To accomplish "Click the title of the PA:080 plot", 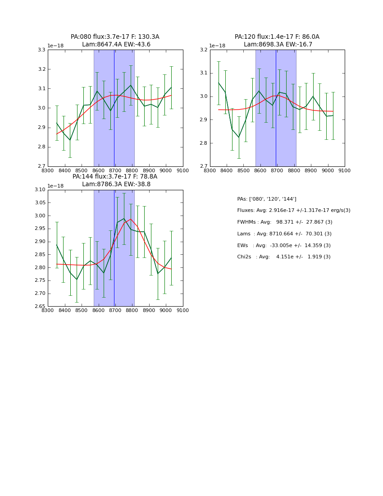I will (115, 41).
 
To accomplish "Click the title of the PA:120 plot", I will (277, 41).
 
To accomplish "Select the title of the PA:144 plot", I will (115, 180).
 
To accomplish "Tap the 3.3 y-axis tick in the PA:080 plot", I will (41, 50).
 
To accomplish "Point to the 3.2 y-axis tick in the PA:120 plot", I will (204, 50).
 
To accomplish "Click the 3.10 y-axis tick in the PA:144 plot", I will (40, 190).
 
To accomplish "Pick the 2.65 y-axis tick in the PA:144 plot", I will (40, 307).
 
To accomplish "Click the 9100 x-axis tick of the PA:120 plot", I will (345, 170).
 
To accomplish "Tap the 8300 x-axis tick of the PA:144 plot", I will (48, 310).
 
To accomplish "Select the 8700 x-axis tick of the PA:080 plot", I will (115, 170).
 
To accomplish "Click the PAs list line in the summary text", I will (267, 199).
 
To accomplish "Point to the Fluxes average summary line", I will (294, 211).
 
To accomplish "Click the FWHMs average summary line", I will (285, 222).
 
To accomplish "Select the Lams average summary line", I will (284, 234).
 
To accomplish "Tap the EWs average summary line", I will (284, 245).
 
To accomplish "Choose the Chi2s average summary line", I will (284, 257).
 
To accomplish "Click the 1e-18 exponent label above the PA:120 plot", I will (217, 46).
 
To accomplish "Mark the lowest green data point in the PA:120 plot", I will (239, 138).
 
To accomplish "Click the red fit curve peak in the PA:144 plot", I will (131, 219).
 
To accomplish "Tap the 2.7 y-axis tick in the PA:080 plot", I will (41, 166).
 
